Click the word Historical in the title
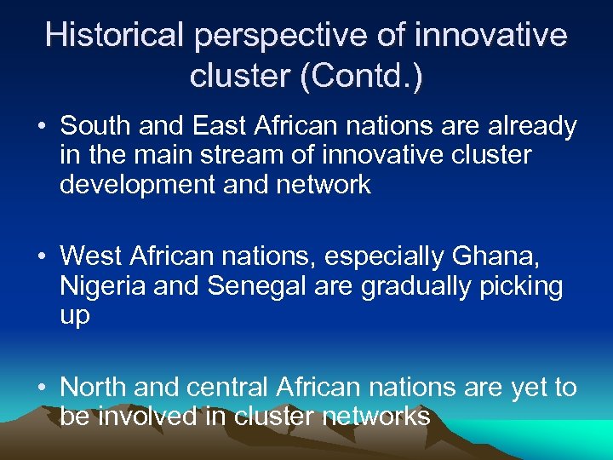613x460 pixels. coord(115,36)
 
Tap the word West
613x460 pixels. coord(92,256)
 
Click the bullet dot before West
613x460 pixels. coord(41,257)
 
